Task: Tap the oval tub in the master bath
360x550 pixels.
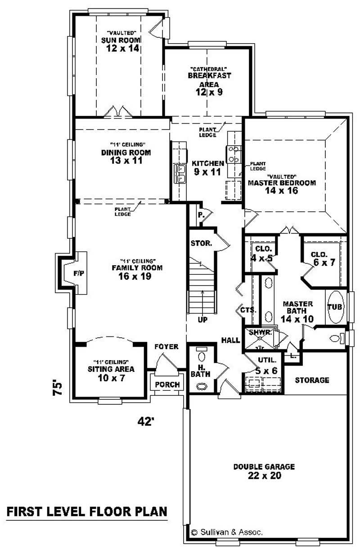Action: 334,307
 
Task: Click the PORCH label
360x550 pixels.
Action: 167,385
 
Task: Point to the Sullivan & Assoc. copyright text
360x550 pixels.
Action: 227,532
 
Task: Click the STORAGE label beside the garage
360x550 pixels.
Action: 312,380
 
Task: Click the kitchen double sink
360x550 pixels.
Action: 181,174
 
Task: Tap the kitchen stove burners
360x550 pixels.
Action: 234,154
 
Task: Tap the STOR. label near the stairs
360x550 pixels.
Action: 201,243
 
